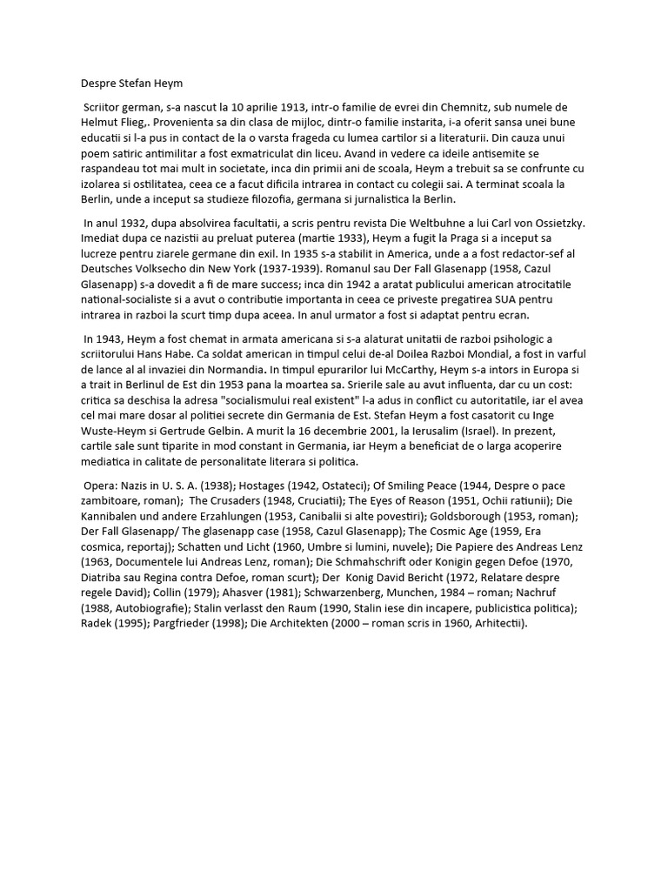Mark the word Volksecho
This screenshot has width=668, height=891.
[165, 268]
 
